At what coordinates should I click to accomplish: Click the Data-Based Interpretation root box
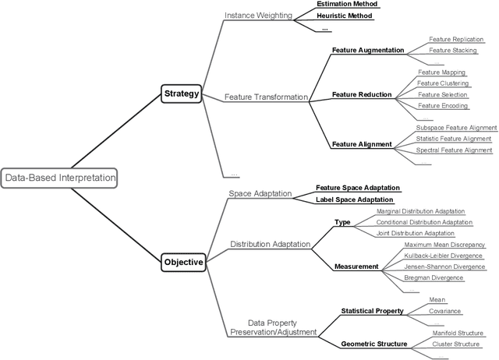coord(60,178)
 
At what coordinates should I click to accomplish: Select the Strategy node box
coord(182,94)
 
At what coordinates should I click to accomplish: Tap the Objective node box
coord(184,263)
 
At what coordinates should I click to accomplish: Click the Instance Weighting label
coord(257,15)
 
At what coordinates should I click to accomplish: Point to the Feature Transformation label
coord(265,97)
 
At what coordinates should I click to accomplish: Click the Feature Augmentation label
coord(367,51)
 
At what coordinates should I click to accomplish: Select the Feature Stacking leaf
coord(453,51)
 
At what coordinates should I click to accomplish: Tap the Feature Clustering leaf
coord(442,83)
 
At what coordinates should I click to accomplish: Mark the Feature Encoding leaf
coord(442,105)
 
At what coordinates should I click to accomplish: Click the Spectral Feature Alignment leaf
coord(453,150)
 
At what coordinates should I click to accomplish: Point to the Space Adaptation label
coord(260,193)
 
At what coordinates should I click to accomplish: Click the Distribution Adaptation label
coord(270,245)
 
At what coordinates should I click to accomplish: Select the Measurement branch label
coord(356,266)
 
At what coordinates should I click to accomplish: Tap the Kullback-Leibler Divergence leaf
coord(443,256)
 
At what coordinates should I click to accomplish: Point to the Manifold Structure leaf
coord(458,333)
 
